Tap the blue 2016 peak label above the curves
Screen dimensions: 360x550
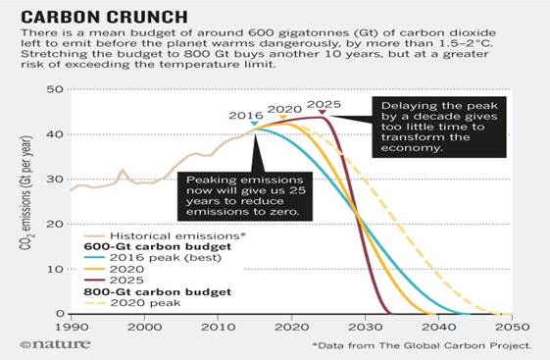click(247, 116)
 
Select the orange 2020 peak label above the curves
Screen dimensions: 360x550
click(284, 108)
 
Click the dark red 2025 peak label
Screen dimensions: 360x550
click(323, 103)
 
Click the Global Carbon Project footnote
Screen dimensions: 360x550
click(424, 346)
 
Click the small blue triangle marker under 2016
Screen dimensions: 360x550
click(255, 125)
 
